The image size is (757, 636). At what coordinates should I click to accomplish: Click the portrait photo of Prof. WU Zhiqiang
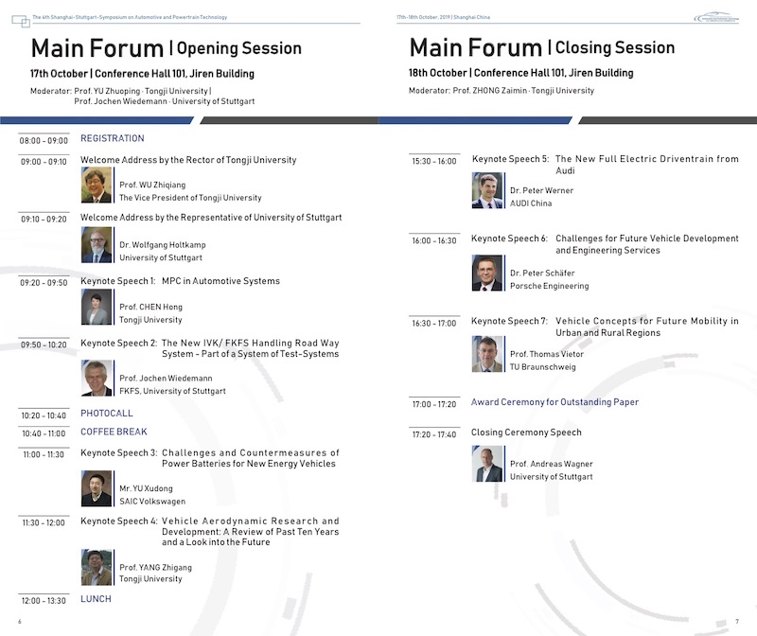coord(97,185)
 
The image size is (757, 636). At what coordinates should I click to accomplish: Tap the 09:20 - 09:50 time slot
coord(44,282)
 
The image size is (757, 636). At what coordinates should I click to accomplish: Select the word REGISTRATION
coord(113,138)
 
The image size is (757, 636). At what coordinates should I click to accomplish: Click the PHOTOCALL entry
coord(107,413)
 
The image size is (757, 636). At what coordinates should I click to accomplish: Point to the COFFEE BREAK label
coord(114,432)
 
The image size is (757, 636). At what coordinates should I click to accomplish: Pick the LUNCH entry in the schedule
coord(96,599)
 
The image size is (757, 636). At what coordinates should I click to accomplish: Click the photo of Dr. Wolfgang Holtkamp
coord(97,245)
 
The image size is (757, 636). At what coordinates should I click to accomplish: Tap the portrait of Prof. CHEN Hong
coord(97,308)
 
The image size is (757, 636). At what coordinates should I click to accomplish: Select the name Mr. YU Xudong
coord(146,488)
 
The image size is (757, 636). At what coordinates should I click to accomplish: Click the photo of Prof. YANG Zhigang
coord(97,568)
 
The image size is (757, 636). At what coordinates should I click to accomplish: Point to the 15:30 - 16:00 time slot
coord(434,161)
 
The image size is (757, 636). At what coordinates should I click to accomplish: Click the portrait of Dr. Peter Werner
coord(487,190)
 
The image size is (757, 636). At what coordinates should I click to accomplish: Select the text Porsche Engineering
coord(550,286)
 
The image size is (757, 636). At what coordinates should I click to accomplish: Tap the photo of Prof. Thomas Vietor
coord(487,354)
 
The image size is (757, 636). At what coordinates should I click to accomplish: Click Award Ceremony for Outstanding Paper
coord(555,402)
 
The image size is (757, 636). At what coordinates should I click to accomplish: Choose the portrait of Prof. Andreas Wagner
coord(487,464)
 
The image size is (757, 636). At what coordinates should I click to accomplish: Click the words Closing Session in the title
coord(614,48)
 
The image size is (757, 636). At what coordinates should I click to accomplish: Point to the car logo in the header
coord(716,17)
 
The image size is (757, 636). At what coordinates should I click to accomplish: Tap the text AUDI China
coord(531,203)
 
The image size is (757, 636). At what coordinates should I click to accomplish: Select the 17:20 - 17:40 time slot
coord(434,434)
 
